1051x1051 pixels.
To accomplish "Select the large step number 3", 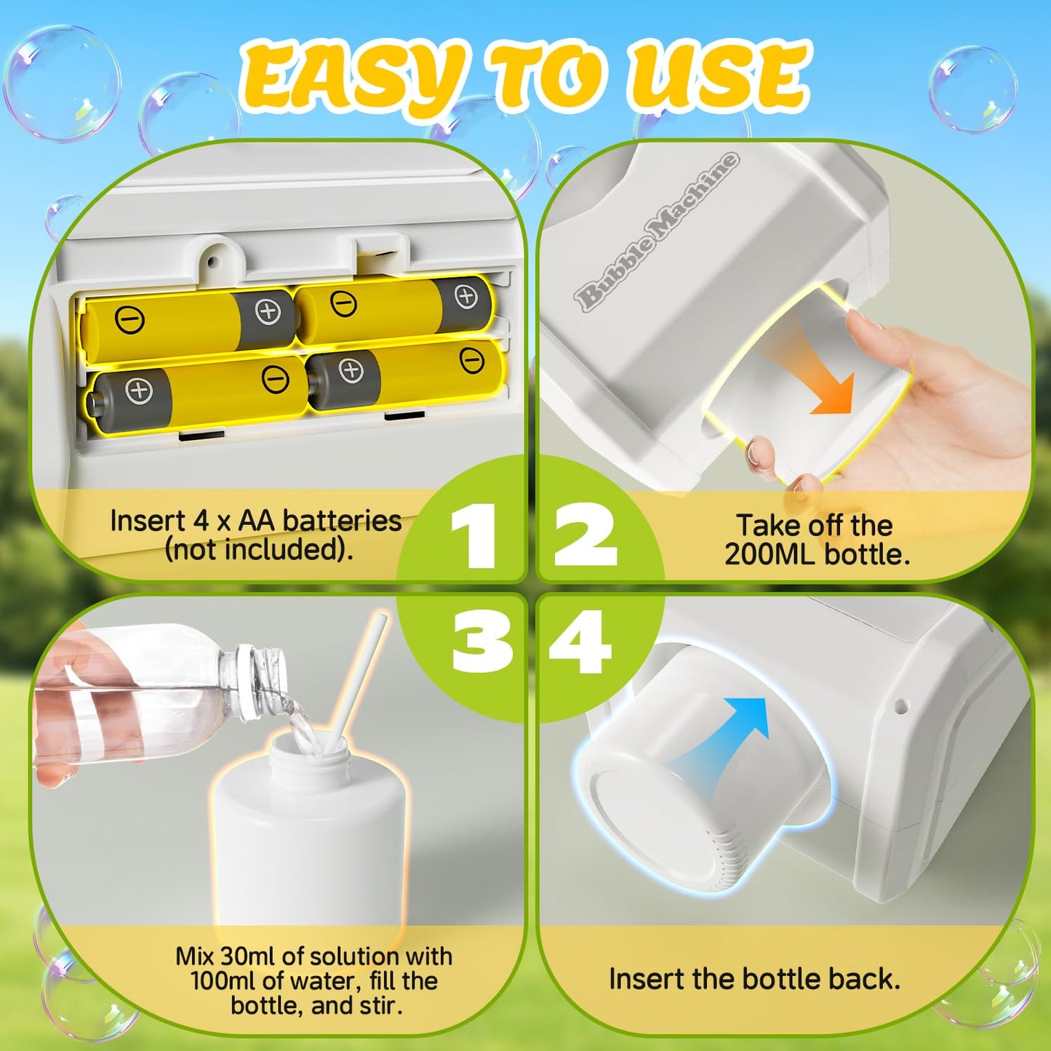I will coord(481,641).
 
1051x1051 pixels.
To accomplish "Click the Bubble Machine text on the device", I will coord(655,233).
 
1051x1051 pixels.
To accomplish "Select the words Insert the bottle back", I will coord(754,979).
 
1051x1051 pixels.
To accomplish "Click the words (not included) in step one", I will coord(258,549).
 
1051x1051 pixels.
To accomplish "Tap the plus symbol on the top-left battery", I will coord(268,311).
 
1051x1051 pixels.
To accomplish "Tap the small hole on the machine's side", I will coord(900,705).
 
